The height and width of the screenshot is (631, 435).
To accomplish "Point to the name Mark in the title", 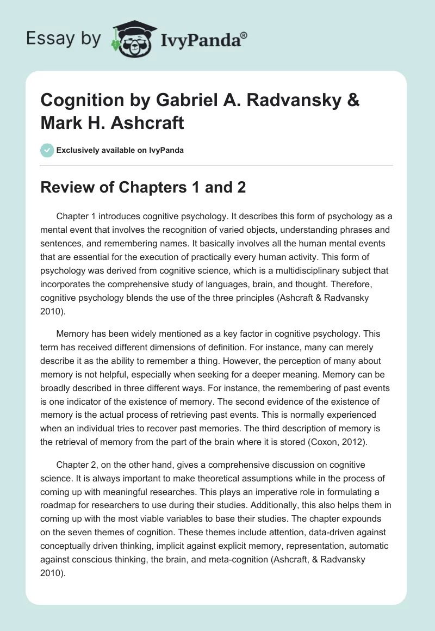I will coord(58,122).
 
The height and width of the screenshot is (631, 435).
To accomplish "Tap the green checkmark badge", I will coord(47,150).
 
